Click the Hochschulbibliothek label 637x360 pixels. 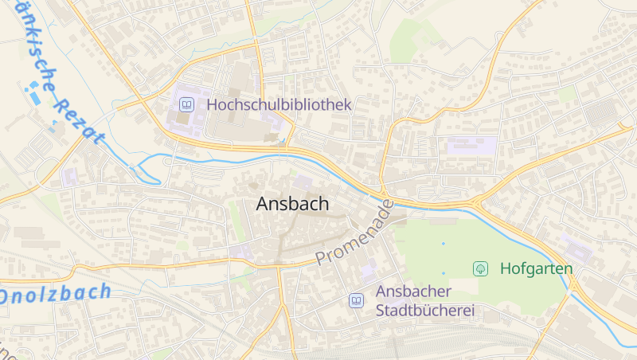[279, 104]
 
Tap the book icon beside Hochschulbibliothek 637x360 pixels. [186, 104]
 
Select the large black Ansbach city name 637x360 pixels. [292, 204]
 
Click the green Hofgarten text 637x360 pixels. [536, 268]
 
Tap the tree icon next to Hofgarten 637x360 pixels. [481, 268]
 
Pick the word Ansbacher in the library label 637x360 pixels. [414, 292]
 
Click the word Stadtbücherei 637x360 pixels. [425, 310]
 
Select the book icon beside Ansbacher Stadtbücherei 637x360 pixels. [356, 301]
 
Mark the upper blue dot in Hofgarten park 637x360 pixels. [444, 243]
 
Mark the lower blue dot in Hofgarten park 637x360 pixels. [444, 273]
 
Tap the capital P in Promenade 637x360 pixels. [322, 258]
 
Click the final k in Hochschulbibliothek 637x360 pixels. [346, 104]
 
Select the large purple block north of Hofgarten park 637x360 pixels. [471, 146]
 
